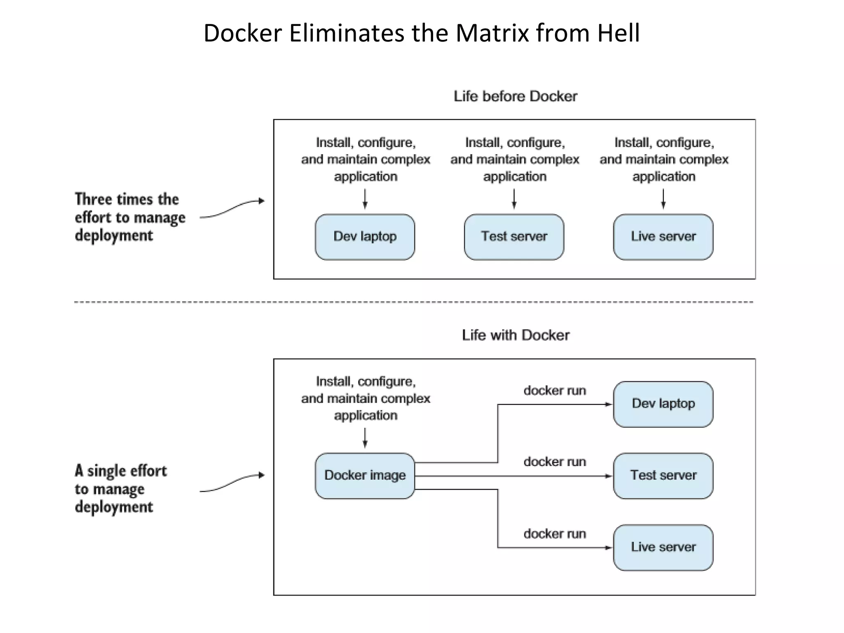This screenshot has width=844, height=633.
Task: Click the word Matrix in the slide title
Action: click(x=492, y=33)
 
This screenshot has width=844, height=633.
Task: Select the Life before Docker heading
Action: click(x=515, y=96)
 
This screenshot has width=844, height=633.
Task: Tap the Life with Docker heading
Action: click(x=515, y=335)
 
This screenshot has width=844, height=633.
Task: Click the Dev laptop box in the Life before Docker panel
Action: click(x=365, y=237)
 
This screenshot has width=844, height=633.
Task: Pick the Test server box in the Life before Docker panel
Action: click(x=514, y=237)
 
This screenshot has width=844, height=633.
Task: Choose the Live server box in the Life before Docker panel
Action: click(x=663, y=237)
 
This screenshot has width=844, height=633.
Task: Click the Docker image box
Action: click(x=365, y=476)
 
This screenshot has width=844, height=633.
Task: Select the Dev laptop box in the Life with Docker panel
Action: click(x=663, y=404)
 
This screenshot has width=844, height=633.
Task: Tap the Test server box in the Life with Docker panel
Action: click(x=663, y=476)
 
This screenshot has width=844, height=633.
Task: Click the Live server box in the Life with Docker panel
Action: click(x=663, y=547)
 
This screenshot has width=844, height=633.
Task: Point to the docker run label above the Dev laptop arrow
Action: click(x=555, y=390)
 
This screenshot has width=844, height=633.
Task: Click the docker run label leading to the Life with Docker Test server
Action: click(x=555, y=462)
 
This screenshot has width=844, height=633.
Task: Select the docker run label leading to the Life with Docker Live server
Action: click(x=555, y=534)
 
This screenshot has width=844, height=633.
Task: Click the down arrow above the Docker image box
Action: click(x=365, y=438)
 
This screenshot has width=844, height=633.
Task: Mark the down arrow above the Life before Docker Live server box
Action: click(x=663, y=199)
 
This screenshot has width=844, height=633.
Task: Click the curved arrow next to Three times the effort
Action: click(x=232, y=209)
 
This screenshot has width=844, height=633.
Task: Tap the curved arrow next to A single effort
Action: click(x=232, y=483)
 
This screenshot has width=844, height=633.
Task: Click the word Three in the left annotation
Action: click(x=93, y=199)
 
